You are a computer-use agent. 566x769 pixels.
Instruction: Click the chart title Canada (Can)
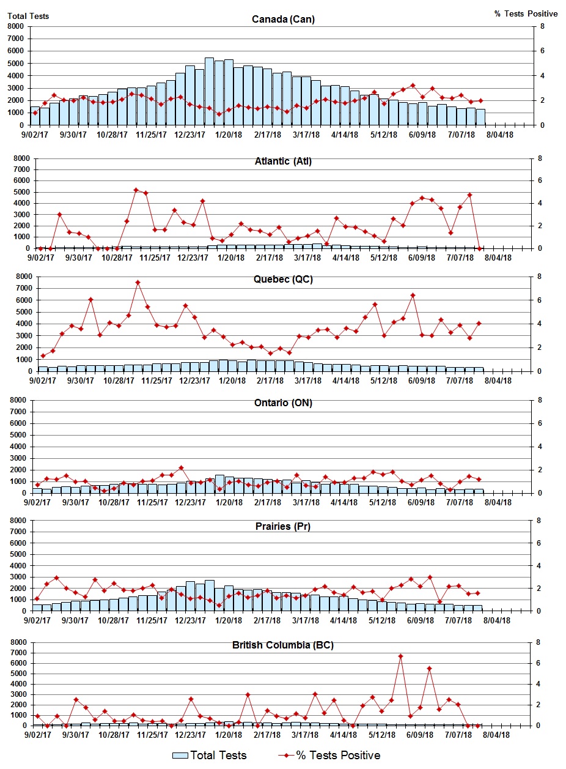pyautogui.click(x=283, y=20)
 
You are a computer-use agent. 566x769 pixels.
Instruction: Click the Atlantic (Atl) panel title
pyautogui.click(x=283, y=162)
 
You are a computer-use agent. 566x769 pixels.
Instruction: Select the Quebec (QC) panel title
pyautogui.click(x=283, y=280)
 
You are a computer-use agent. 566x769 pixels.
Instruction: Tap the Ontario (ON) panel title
pyautogui.click(x=283, y=403)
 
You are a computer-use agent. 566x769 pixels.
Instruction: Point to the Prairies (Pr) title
pyautogui.click(x=283, y=526)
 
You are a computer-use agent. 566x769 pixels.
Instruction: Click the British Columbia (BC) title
pyautogui.click(x=283, y=645)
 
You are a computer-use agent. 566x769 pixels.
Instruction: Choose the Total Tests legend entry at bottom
pyautogui.click(x=210, y=756)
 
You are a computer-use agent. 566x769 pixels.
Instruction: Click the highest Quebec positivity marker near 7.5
pyautogui.click(x=138, y=283)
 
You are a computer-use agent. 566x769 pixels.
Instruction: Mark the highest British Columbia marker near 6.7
pyautogui.click(x=400, y=656)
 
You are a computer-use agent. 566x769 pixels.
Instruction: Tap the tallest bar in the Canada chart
pyautogui.click(x=209, y=92)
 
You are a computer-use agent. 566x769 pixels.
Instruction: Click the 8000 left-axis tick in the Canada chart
pyautogui.click(x=17, y=26)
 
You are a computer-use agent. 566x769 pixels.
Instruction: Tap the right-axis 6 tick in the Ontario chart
pyautogui.click(x=540, y=423)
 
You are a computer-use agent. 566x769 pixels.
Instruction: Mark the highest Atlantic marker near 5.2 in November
pyautogui.click(x=136, y=190)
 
